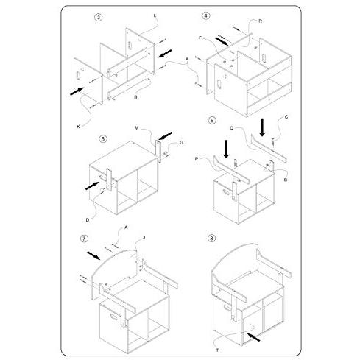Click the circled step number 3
99,18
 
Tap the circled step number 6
212,121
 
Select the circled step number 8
211,238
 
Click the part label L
155,15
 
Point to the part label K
79,127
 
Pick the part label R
261,21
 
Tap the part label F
200,38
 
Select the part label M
137,128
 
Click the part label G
181,143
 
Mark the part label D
88,220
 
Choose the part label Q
232,128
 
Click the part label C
286,117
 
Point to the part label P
197,159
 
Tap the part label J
144,238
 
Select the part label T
217,350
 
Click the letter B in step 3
135,97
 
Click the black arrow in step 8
253,336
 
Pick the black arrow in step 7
93,255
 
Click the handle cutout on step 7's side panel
114,317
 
